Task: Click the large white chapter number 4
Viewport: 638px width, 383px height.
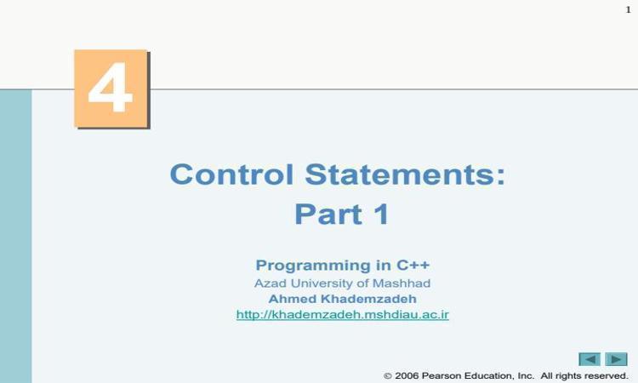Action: pyautogui.click(x=111, y=87)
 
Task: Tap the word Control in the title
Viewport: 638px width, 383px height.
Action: pyautogui.click(x=231, y=174)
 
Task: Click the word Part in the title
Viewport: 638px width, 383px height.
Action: pyautogui.click(x=328, y=214)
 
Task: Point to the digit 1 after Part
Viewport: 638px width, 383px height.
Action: pyautogui.click(x=383, y=214)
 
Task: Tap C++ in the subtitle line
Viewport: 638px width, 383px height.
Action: pyautogui.click(x=413, y=265)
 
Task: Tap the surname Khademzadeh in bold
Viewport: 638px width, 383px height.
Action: pyautogui.click(x=368, y=299)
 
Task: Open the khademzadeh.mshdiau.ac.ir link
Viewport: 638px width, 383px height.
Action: pyautogui.click(x=343, y=315)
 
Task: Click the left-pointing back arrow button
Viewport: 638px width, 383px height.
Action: pyautogui.click(x=590, y=359)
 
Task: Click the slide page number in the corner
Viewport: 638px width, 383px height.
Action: pyautogui.click(x=629, y=9)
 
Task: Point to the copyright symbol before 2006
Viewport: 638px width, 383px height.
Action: pyautogui.click(x=388, y=375)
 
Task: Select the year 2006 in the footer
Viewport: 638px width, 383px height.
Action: pyautogui.click(x=407, y=375)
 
